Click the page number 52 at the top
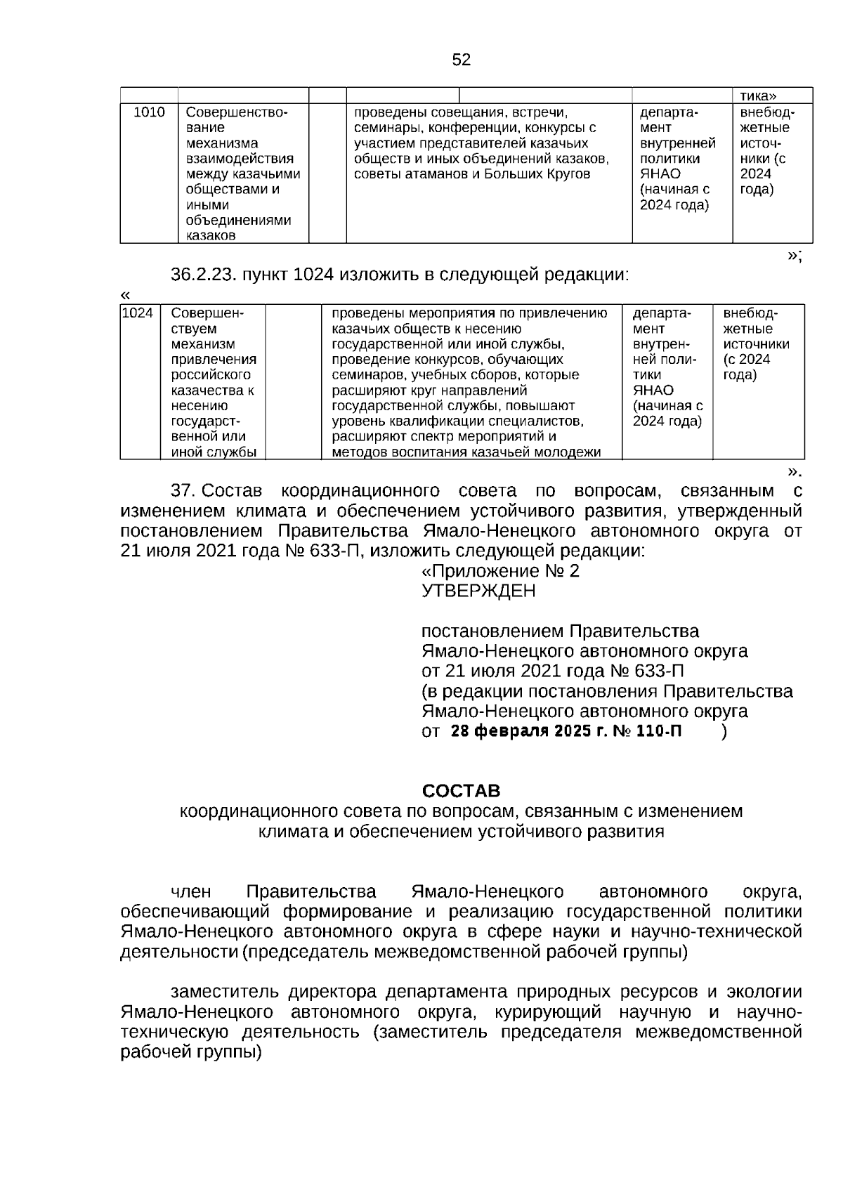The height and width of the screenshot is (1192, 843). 461,60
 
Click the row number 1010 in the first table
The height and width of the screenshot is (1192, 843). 149,112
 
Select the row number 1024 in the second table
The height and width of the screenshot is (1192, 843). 137,313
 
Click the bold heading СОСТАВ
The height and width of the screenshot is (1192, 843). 461,791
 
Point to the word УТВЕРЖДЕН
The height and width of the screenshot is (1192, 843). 478,591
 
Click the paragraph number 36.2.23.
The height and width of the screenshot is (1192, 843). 202,275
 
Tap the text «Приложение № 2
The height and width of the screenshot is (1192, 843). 500,571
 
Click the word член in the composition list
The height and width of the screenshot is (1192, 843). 191,892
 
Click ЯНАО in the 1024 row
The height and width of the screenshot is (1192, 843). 653,391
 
